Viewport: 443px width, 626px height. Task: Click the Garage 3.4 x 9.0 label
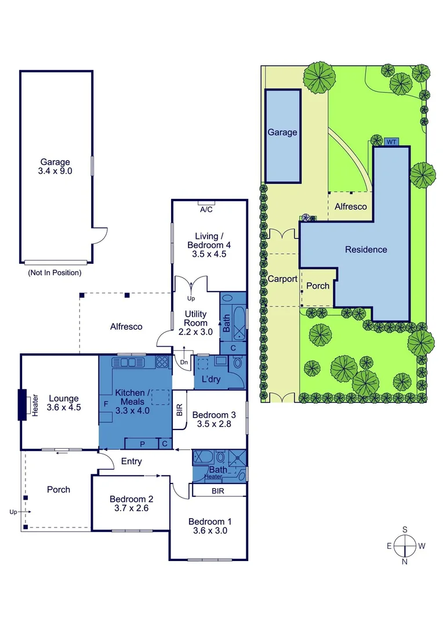coord(56,167)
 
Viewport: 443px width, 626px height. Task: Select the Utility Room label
coord(196,323)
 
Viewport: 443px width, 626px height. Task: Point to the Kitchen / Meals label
coord(130,398)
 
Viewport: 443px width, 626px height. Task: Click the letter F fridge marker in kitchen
coord(106,402)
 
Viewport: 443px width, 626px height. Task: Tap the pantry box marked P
coord(143,443)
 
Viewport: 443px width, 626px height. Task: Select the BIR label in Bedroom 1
coord(218,491)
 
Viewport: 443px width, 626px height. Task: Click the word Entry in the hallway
coord(132,461)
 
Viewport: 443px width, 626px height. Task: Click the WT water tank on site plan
coord(391,141)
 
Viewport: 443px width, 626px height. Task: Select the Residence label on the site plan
coord(366,250)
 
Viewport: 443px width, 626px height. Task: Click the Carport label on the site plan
coord(282,279)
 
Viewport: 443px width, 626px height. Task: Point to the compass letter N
coord(405,562)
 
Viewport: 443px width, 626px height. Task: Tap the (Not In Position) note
coord(55,272)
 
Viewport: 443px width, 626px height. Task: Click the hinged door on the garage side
coord(100,234)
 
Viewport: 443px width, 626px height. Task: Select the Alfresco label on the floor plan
coord(126,327)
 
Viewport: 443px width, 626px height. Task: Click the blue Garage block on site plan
coord(282,136)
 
